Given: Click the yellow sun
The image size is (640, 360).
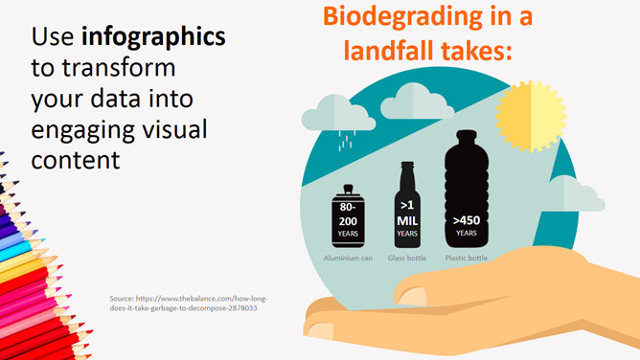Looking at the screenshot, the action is tap(531, 116).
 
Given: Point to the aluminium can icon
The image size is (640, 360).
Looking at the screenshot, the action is tap(348, 216).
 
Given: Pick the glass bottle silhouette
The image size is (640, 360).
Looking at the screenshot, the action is tap(407, 205).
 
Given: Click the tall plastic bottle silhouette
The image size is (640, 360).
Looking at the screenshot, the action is tap(467, 189).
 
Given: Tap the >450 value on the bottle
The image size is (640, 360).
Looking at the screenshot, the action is tap(467, 220).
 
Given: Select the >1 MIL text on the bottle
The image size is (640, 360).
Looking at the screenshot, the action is tap(407, 214).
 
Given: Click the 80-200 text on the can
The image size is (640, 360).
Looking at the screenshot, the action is tap(348, 214).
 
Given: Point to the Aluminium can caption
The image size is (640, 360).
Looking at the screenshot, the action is tap(348, 259).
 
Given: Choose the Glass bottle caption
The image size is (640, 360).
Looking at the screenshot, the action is tap(407, 259).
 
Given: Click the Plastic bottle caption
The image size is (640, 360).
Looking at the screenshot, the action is tap(467, 259).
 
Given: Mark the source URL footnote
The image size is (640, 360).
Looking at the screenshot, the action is tap(189, 304).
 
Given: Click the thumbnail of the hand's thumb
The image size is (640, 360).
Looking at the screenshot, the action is tap(412, 297).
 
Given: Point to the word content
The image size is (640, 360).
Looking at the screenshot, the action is tap(76, 160).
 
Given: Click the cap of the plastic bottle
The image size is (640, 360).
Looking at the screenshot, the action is tap(467, 135).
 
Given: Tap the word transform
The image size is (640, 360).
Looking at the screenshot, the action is tap(119, 68).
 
